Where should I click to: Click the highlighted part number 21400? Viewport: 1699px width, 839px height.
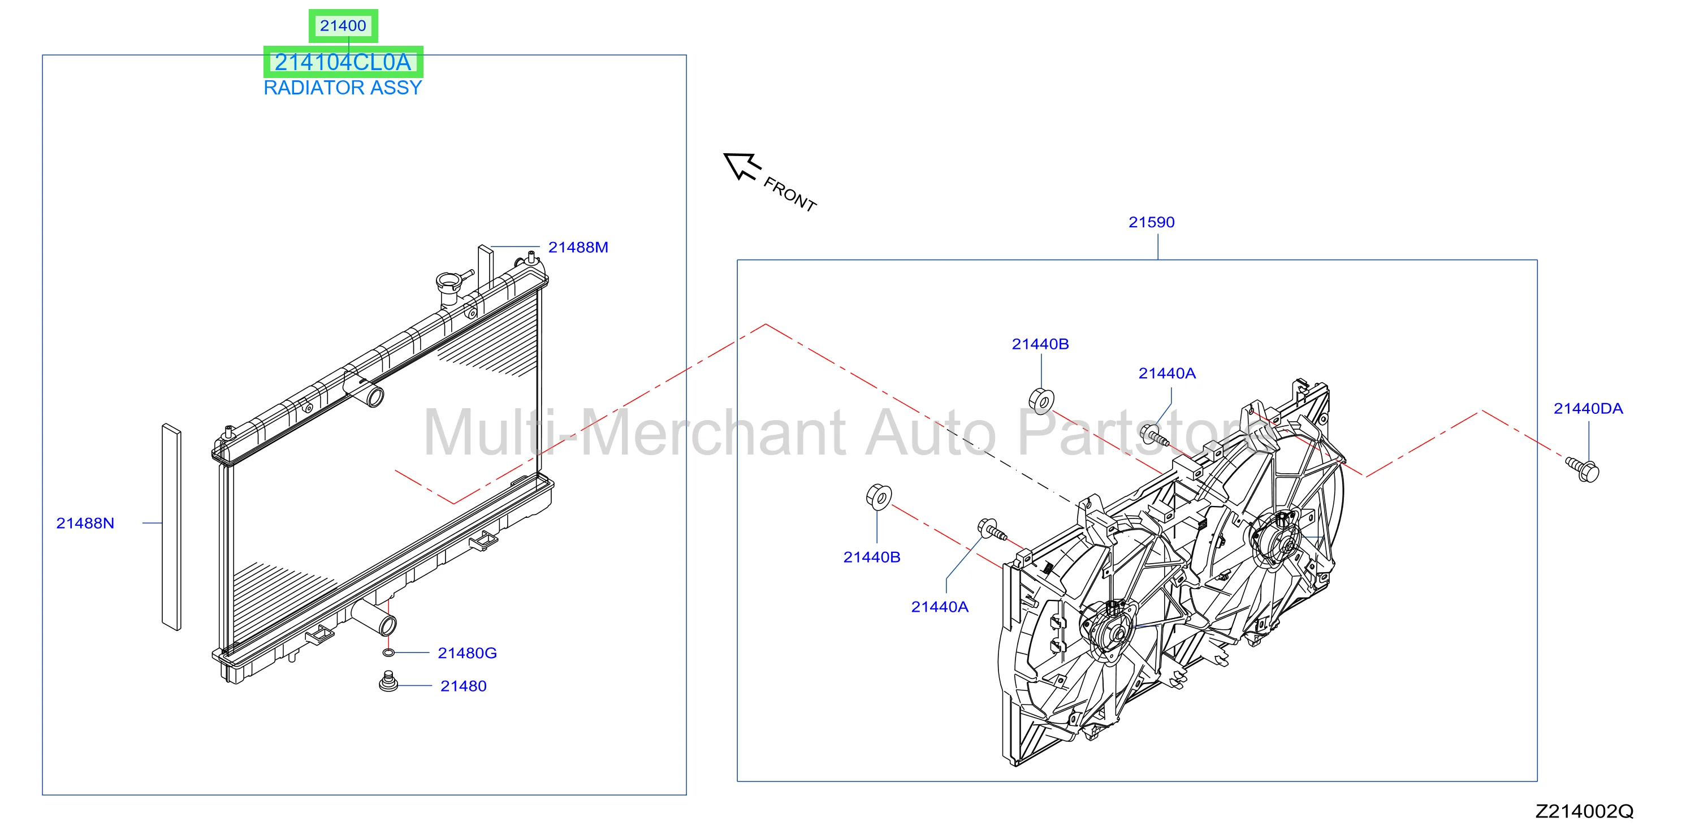tap(343, 26)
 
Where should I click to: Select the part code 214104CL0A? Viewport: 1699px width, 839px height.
tap(343, 62)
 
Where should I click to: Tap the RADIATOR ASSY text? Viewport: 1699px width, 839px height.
tap(343, 88)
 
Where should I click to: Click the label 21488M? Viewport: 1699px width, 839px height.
tap(578, 248)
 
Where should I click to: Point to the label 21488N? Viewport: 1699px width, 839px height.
tap(85, 523)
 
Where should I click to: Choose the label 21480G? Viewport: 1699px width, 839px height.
tap(467, 653)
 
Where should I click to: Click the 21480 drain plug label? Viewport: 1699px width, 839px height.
tap(463, 686)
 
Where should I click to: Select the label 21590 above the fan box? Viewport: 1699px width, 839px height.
tap(1152, 222)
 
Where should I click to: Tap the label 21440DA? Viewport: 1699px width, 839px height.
tap(1588, 409)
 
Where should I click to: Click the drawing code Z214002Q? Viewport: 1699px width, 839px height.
tap(1584, 811)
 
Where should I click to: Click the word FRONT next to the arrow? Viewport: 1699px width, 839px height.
tap(789, 194)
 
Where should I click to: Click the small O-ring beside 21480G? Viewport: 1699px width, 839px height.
tap(388, 653)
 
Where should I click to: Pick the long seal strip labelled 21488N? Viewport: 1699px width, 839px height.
tap(171, 527)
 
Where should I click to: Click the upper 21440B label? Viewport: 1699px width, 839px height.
tap(1040, 344)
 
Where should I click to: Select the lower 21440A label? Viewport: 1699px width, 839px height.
tap(939, 607)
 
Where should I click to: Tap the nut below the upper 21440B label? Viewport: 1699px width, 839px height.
tap(1041, 401)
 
